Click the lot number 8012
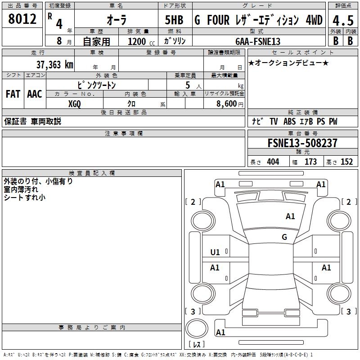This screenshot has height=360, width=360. pyautogui.click(x=22, y=20)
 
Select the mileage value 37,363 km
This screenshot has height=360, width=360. pyautogui.click(x=54, y=65)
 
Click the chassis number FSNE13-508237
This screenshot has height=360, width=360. pyautogui.click(x=302, y=144)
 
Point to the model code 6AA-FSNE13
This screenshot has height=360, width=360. pyautogui.click(x=258, y=41)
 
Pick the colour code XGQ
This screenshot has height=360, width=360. pyautogui.click(x=75, y=103)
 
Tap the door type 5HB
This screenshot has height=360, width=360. pyautogui.click(x=174, y=21)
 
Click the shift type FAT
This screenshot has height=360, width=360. pyautogui.click(x=13, y=94)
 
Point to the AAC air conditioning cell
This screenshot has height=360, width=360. pyautogui.click(x=35, y=94)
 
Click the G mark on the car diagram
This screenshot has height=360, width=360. pyautogui.click(x=284, y=237)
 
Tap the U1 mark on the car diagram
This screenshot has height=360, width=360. pyautogui.click(x=215, y=252)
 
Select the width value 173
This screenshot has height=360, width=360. pyautogui.click(x=310, y=162)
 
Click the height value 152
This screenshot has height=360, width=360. pyautogui.click(x=346, y=162)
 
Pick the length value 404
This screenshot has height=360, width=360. pyautogui.click(x=273, y=162)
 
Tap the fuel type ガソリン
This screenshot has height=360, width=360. pyautogui.click(x=175, y=41)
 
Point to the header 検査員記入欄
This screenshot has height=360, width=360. pyautogui.click(x=92, y=173)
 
